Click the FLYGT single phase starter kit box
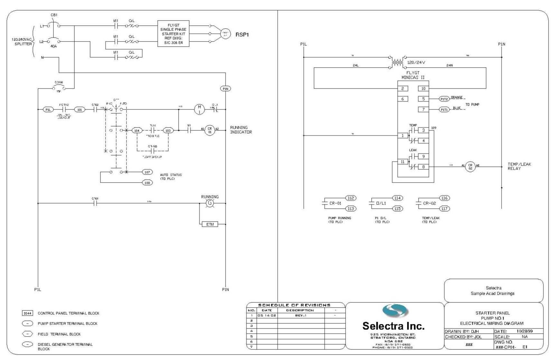click(x=173, y=33)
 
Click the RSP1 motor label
click(x=242, y=35)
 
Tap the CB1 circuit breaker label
click(x=54, y=15)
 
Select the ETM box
click(x=210, y=224)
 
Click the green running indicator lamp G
click(x=210, y=203)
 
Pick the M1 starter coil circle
click(x=199, y=109)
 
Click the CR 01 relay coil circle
click(x=210, y=130)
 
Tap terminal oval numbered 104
click(x=137, y=130)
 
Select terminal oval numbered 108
click(x=147, y=183)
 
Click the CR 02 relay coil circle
click(x=470, y=167)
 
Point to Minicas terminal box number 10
click(x=423, y=89)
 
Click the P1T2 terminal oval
click(x=444, y=99)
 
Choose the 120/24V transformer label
click(x=416, y=62)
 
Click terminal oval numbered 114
click(x=397, y=198)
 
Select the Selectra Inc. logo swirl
click(x=395, y=311)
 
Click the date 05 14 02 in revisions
click(x=267, y=316)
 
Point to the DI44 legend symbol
click(x=28, y=313)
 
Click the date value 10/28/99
click(x=524, y=331)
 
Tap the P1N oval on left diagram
click(x=226, y=89)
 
